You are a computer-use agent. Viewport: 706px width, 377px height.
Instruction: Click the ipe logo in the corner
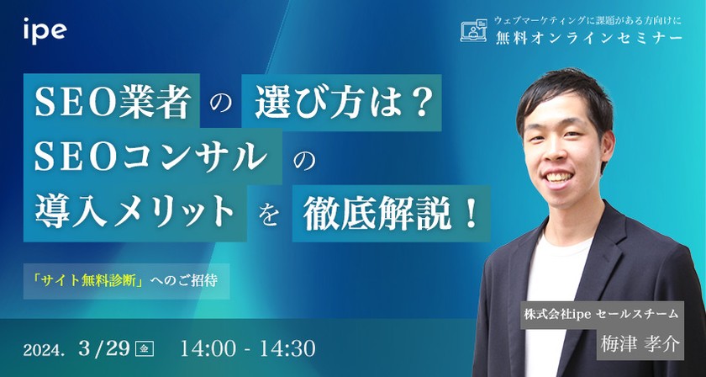(45, 32)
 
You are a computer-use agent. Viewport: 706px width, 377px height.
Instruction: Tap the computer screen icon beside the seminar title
(475, 31)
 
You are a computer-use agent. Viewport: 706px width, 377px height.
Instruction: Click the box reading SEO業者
(113, 104)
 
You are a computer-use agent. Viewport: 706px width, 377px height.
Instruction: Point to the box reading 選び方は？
(338, 104)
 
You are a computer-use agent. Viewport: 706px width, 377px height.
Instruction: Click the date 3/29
(106, 347)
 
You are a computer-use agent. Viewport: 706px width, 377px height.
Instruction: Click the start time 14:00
(205, 347)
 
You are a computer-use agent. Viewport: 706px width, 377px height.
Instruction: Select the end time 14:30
(288, 347)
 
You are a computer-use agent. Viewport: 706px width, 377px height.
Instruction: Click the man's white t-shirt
(555, 278)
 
